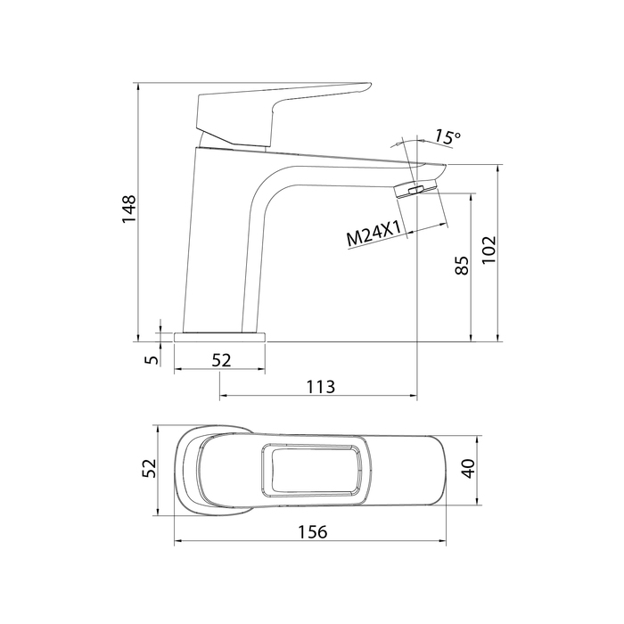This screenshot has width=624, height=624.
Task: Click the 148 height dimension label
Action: [129, 209]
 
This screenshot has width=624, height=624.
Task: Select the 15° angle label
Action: [447, 136]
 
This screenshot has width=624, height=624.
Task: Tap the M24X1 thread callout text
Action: [374, 234]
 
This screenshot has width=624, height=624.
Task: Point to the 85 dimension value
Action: [462, 266]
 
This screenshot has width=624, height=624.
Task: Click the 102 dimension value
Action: [489, 250]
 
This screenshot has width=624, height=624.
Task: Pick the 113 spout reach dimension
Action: [321, 387]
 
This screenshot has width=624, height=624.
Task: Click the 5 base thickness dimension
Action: [152, 360]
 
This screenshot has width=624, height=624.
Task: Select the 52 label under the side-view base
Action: [221, 360]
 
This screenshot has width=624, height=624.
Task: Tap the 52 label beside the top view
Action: [149, 468]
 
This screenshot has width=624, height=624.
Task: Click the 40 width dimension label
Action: [469, 468]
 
